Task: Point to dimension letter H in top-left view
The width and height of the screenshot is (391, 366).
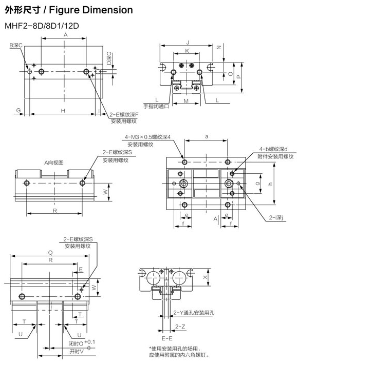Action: (x=63, y=111)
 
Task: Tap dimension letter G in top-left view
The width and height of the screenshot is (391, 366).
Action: (x=18, y=111)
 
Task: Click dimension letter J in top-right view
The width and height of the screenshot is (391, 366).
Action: (x=188, y=42)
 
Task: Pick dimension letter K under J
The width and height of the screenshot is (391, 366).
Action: (x=187, y=51)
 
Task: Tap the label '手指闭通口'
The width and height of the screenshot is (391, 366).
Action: (x=156, y=106)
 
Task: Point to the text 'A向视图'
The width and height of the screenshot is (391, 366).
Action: (x=53, y=162)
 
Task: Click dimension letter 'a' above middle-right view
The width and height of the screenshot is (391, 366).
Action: (x=206, y=137)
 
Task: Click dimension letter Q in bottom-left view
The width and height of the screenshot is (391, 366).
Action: (x=50, y=252)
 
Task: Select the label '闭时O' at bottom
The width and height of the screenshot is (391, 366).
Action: (x=75, y=344)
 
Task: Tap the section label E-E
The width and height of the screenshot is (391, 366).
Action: (x=166, y=338)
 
